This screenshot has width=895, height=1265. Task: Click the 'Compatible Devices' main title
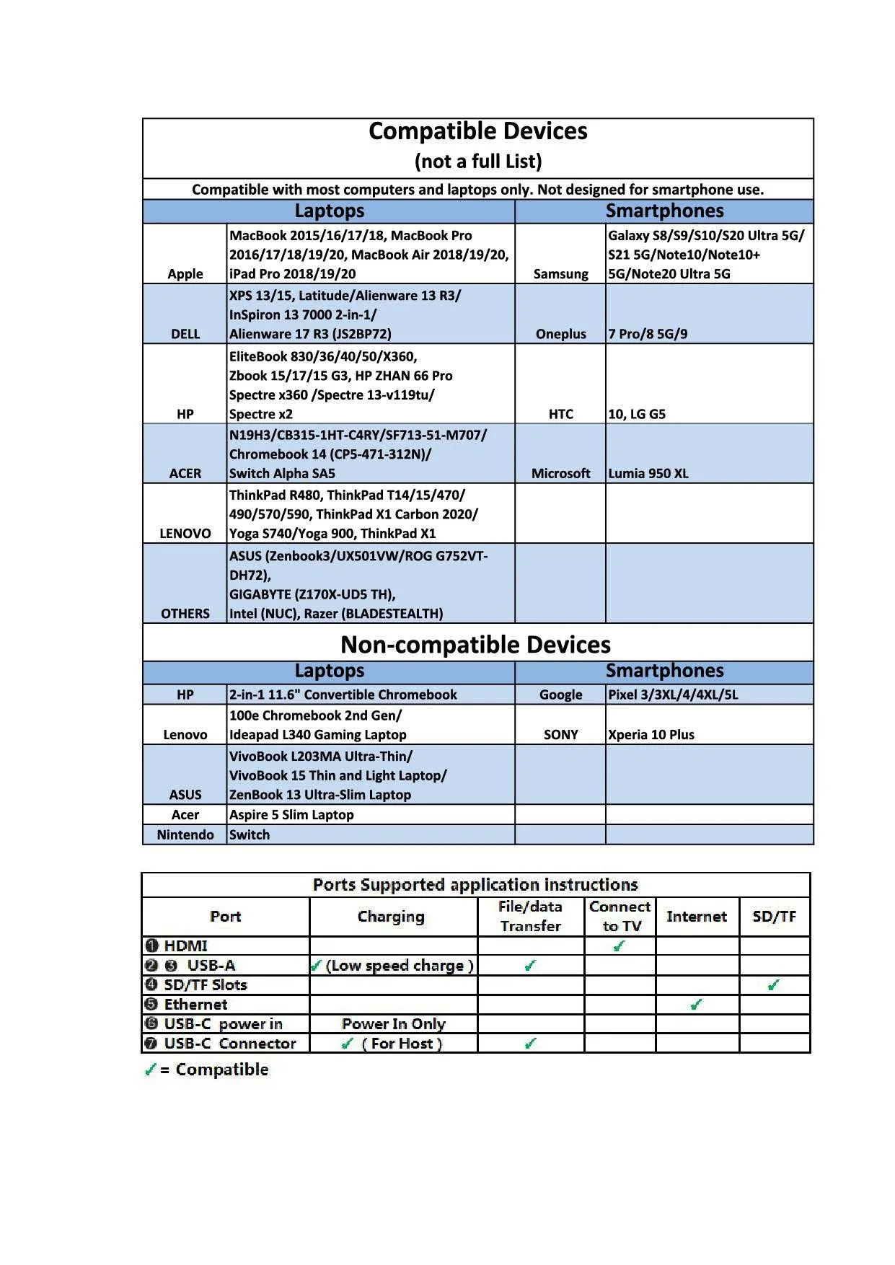click(477, 131)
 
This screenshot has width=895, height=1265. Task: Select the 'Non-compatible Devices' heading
click(475, 644)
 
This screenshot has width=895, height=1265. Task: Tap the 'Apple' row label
click(185, 274)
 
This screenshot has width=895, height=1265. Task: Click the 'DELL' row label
click(185, 334)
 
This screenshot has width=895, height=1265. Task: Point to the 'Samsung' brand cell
click(560, 274)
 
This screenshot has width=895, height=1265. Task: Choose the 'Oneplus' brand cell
click(560, 334)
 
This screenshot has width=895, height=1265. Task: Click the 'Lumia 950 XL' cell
click(648, 474)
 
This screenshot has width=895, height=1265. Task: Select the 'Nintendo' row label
click(185, 834)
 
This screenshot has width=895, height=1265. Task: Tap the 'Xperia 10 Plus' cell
click(651, 735)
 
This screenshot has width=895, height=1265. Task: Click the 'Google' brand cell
click(560, 695)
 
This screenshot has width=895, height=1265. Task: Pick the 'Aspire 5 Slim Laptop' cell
click(291, 815)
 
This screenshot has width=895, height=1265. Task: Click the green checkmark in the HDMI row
click(619, 946)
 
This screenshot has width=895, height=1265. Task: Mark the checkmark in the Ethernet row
click(696, 1004)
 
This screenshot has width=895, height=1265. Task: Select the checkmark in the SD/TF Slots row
click(773, 984)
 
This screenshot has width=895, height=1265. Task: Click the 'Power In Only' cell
click(393, 1024)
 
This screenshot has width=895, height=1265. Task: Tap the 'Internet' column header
click(697, 917)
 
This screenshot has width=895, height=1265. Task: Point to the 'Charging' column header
click(391, 917)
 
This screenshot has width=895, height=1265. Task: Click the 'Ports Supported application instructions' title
click(475, 885)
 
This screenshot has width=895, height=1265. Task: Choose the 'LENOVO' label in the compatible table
click(185, 534)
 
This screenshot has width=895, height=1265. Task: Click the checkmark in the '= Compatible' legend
click(150, 1070)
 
